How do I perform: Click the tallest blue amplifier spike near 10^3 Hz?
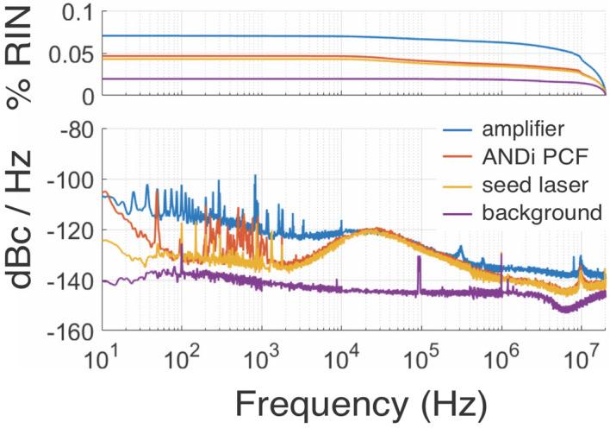255,178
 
